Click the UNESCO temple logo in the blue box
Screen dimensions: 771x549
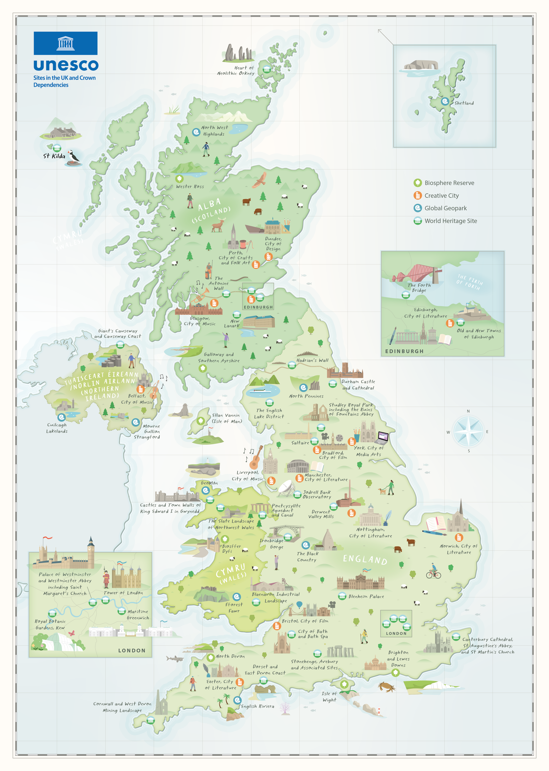point(65,43)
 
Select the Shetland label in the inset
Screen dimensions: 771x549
point(464,103)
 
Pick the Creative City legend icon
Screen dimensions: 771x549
point(418,195)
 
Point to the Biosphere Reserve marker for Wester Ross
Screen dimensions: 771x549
point(179,178)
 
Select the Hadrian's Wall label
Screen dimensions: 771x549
point(312,360)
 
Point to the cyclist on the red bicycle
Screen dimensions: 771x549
point(433,571)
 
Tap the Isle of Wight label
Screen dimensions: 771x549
point(329,697)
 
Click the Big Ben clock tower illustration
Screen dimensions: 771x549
point(91,551)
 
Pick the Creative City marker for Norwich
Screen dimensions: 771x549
point(458,537)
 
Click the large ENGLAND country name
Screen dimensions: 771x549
point(365,559)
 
